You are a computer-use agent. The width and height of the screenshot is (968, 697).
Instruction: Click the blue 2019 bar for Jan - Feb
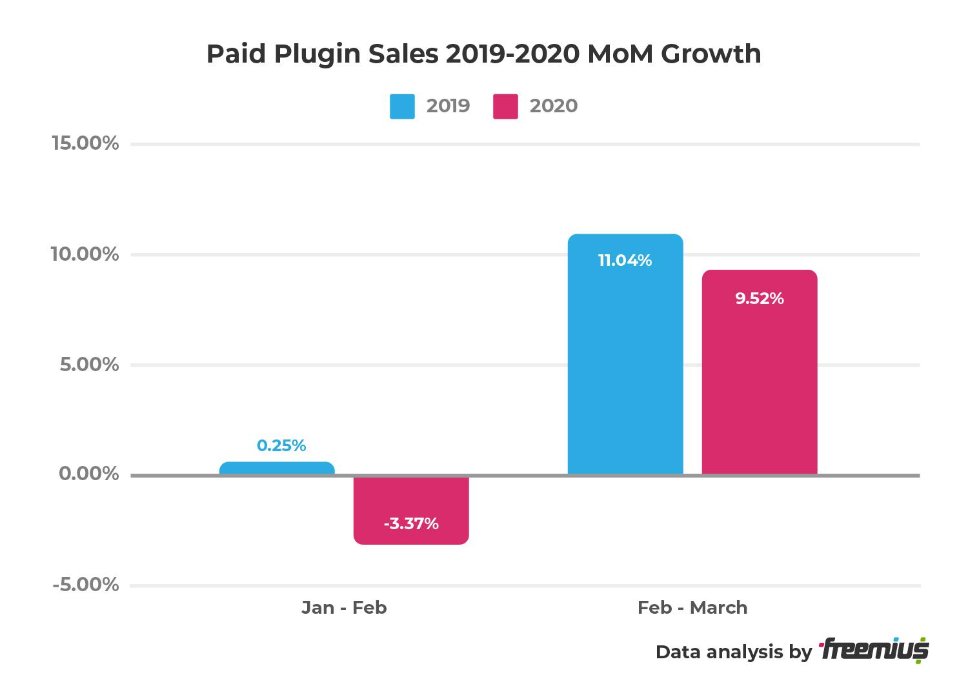point(277,469)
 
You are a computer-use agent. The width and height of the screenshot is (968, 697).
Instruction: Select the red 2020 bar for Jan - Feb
point(411,510)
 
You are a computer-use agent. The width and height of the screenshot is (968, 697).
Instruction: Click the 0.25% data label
point(281,446)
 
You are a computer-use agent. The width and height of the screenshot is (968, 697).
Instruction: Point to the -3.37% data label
point(411,523)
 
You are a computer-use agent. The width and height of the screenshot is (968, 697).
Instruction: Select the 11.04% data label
point(625,261)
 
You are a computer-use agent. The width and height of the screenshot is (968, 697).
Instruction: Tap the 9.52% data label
point(760,299)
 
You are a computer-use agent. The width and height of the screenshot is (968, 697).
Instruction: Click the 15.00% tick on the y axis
point(85,143)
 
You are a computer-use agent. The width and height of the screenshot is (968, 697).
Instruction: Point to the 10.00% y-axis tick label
point(85,254)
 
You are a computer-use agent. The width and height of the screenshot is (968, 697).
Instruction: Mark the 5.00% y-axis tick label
point(90,365)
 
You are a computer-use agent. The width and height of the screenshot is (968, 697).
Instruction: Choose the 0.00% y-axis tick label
point(90,474)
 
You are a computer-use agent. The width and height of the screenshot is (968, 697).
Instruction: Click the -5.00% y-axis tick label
point(86,585)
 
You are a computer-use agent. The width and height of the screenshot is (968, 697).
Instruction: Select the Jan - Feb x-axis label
point(344,608)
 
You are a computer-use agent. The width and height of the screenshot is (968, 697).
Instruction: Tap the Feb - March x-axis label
point(692,608)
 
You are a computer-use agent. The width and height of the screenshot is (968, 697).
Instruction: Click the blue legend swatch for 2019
point(402,106)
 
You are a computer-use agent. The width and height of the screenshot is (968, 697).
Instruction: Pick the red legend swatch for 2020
point(505,106)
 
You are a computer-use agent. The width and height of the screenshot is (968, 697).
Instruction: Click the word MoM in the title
point(618,54)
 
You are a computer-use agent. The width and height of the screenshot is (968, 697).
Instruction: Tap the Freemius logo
point(874,651)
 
